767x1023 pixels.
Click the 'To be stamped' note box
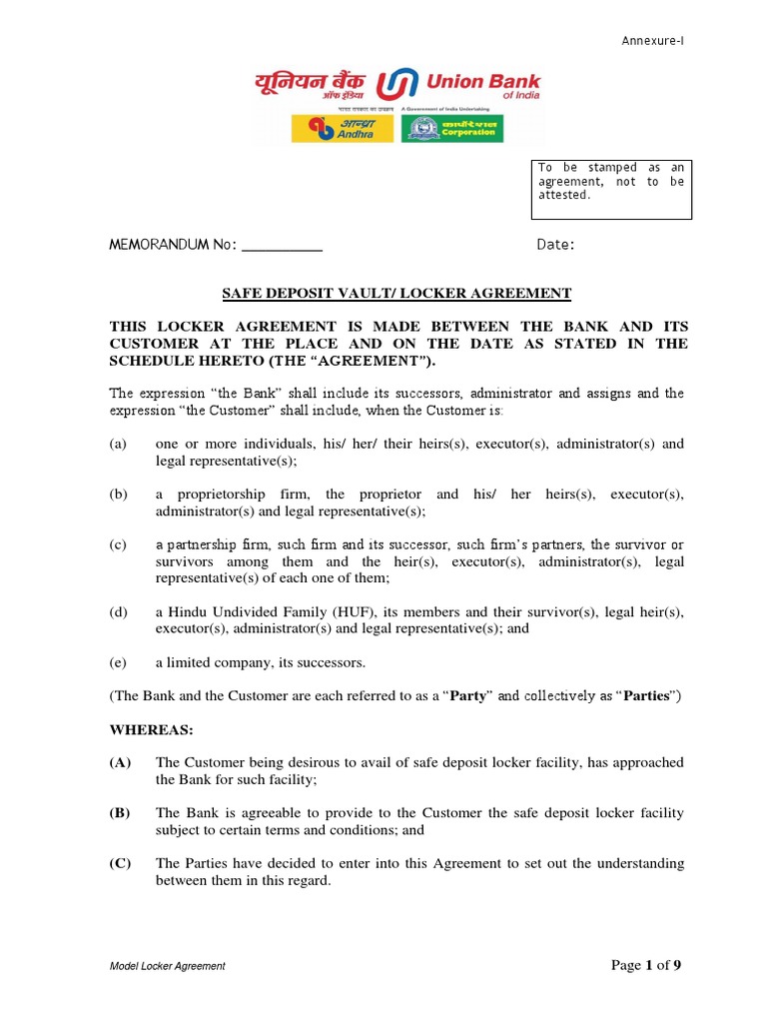click(x=610, y=188)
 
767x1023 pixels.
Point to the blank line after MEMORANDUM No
click(x=283, y=246)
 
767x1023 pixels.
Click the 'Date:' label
click(x=555, y=246)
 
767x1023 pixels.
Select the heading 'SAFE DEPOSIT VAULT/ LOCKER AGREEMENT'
click(x=395, y=293)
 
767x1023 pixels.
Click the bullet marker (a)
click(x=119, y=444)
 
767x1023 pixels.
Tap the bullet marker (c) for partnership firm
click(x=119, y=545)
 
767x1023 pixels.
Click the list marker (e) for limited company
click(x=119, y=662)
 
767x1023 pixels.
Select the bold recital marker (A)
click(x=120, y=762)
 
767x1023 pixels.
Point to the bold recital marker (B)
click(x=120, y=813)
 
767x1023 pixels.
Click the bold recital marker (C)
click(x=120, y=863)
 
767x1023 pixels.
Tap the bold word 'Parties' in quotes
click(x=645, y=695)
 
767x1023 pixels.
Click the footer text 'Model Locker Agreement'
click(x=168, y=966)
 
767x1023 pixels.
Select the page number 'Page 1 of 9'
click(x=645, y=965)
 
